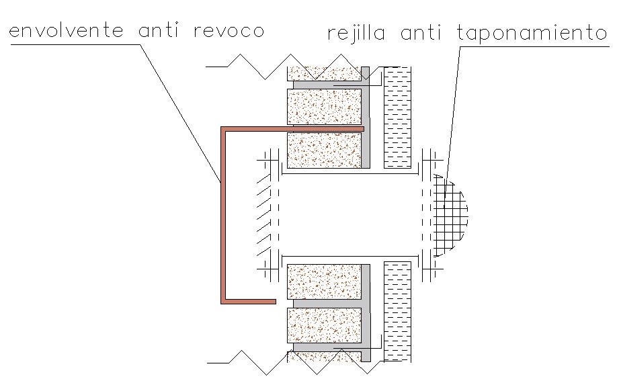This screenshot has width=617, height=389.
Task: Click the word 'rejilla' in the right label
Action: coord(357,33)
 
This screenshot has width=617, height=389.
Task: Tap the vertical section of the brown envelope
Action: coord(222,215)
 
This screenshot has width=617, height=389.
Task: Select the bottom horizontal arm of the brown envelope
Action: coord(249,301)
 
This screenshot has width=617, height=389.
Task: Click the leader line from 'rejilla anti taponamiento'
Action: coord(454,107)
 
